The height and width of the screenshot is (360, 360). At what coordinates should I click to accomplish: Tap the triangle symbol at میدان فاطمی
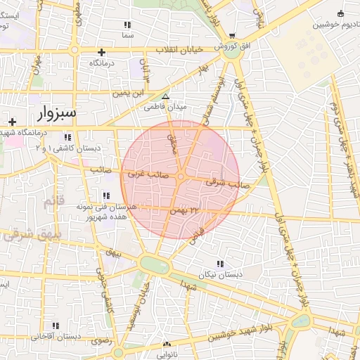click(166, 98)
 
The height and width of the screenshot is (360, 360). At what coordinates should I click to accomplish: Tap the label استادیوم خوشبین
click(335, 24)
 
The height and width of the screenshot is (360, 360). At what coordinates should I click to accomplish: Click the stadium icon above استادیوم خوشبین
click(341, 13)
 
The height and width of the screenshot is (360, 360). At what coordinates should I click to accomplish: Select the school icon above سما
click(127, 25)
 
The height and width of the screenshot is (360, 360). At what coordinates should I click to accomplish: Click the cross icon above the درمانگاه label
click(102, 52)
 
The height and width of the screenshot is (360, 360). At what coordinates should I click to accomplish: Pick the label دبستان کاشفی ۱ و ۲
click(67, 148)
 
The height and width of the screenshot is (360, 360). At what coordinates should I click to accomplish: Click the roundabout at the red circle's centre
click(181, 177)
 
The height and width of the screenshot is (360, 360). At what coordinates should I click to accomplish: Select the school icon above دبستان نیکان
click(221, 264)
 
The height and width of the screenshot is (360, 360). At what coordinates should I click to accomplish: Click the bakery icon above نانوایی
click(167, 345)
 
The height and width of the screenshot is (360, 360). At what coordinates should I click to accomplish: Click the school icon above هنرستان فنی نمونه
click(106, 195)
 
